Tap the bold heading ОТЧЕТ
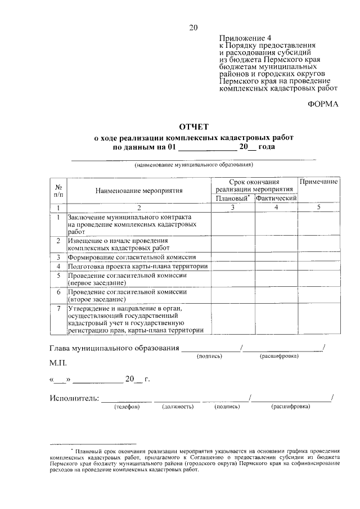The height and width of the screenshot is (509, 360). coord(193,127)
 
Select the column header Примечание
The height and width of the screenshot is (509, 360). coord(318,182)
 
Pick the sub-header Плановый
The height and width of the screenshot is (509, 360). coord(232,199)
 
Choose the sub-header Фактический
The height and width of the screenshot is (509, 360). coord(276,199)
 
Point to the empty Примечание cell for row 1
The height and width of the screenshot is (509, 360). coord(318,224)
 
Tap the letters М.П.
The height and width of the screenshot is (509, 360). coord(58,363)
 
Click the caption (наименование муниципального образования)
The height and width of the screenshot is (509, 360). coord(193,165)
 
